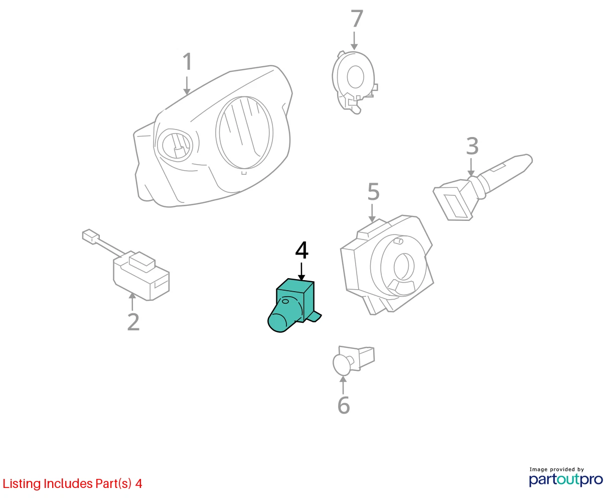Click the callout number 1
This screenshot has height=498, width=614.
click(188, 61)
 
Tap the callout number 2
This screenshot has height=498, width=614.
click(133, 321)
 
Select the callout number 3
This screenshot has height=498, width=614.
click(473, 146)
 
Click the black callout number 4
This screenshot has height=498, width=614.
click(302, 250)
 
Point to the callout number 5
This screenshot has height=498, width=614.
click(374, 191)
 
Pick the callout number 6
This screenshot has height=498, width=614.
click(344, 405)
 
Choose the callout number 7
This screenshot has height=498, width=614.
click(357, 19)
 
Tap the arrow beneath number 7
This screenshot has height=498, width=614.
click(354, 41)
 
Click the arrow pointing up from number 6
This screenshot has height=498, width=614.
click(343, 385)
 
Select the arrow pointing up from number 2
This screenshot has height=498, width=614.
click(132, 302)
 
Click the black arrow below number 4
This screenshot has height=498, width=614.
click(301, 272)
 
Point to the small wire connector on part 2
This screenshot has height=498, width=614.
click(90, 236)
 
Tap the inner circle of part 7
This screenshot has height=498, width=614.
click(356, 77)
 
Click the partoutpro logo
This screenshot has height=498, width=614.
click(566, 479)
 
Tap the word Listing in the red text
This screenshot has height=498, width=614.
click(22, 484)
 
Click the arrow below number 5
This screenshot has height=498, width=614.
click(372, 213)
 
